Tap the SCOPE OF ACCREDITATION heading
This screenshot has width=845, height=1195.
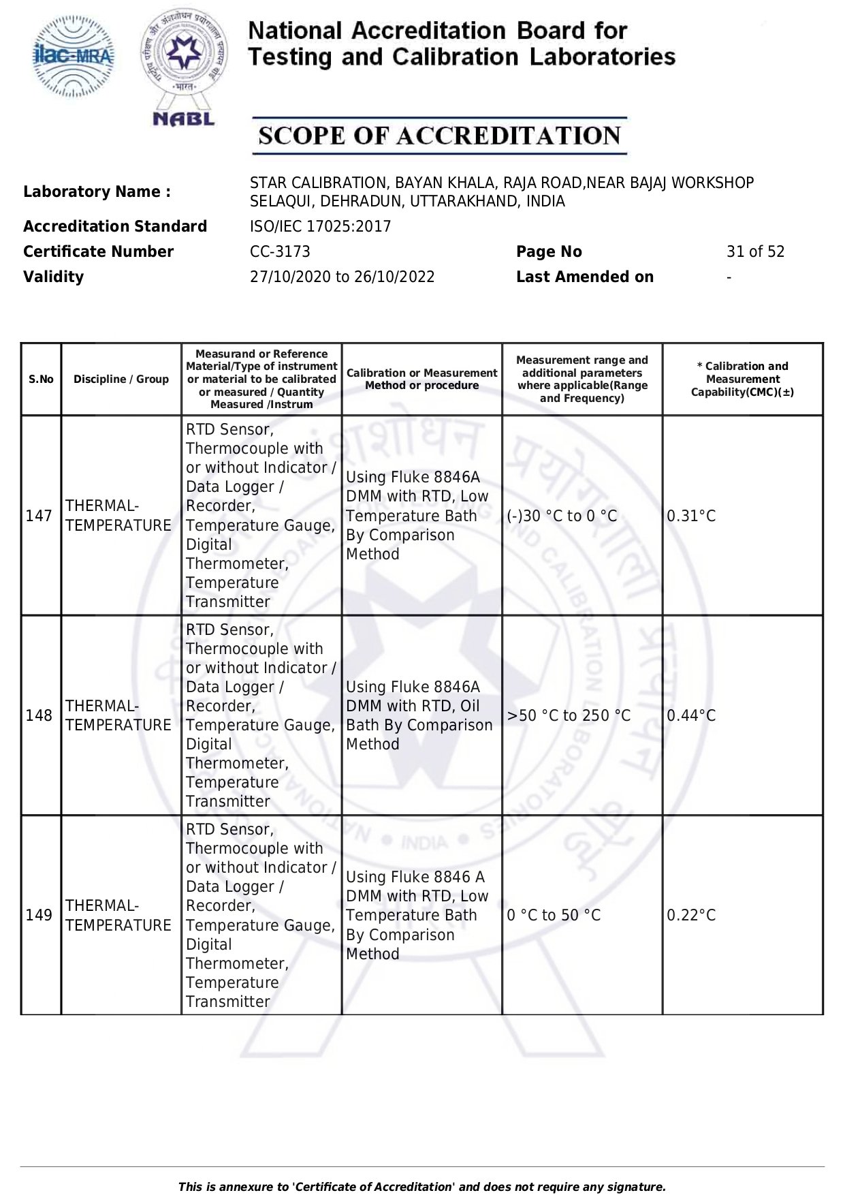coord(439,136)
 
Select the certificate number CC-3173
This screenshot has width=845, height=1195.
coord(280,252)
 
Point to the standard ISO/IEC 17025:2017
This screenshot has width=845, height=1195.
coord(320,227)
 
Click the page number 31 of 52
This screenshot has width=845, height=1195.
coord(755,252)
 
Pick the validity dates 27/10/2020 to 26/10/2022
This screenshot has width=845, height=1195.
coord(342,277)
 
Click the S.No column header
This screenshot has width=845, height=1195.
coord(41,379)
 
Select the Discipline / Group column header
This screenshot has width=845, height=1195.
coord(121,379)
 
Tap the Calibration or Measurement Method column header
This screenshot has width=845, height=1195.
coord(421,379)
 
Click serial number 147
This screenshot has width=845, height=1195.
coord(39,516)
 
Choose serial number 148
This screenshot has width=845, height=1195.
coord(39,716)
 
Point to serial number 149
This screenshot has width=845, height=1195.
coord(39,916)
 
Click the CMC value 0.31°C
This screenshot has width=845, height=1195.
coord(691,516)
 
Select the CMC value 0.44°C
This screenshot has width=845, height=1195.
coord(691,716)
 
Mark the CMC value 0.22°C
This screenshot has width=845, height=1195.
coord(691,916)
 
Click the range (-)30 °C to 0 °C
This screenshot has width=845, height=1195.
coord(562,516)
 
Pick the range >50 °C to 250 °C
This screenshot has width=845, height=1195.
coord(569,716)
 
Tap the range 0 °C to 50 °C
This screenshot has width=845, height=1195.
coord(554,916)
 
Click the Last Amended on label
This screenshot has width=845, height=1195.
coord(584,277)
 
